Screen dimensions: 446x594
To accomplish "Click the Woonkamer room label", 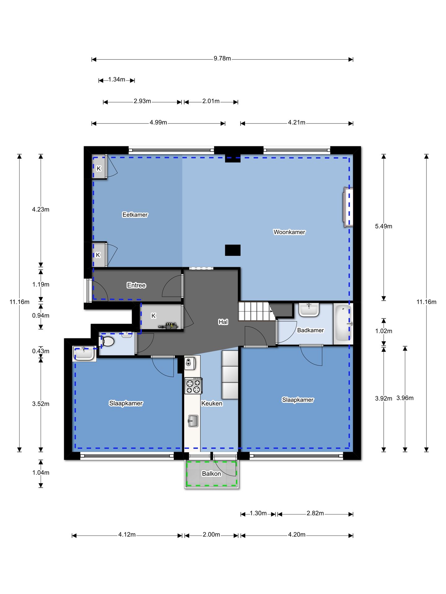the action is pos(289,232).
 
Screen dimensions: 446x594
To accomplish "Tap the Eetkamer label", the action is pos(135,215).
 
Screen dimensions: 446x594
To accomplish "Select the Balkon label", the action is pos(212,474).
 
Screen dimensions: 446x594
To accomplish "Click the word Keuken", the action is pos(212,403).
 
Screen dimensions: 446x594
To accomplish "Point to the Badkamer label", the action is pos(310,330).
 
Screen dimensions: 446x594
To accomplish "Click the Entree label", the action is pos(136,285).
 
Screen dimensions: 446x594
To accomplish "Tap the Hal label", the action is pos(223,322).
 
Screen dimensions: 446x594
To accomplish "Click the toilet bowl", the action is pos(107,341).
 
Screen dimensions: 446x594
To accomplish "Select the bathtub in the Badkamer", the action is pos(343,324).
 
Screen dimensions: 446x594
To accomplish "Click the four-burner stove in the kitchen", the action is pos(193,386).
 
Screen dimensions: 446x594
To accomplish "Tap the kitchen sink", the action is pos(193,421).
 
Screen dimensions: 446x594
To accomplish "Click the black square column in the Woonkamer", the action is pos(233,250).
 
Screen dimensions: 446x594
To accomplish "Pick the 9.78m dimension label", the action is pos(222,58).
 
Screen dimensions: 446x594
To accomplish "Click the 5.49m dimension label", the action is pos(383,226).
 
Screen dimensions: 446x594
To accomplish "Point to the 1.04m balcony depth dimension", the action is pos(41,472).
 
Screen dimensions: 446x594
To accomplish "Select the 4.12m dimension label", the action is pos(127,535).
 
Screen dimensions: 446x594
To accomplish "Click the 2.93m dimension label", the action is pos(142,101).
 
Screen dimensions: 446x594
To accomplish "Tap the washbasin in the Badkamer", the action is pos(309,310).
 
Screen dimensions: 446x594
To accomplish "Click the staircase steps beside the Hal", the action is pos(257,311).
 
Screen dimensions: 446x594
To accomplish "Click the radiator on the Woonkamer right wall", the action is pos(348,207).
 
